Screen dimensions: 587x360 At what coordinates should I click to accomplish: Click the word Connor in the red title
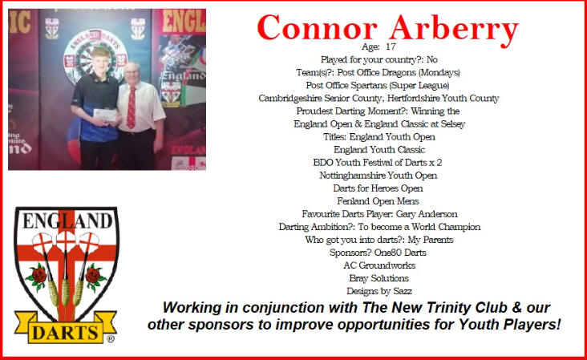tap(318, 28)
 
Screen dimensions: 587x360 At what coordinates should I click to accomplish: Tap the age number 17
tap(391, 47)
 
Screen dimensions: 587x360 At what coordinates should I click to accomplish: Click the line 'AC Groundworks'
tap(379, 265)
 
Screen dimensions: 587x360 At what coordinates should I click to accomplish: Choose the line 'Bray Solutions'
tap(379, 278)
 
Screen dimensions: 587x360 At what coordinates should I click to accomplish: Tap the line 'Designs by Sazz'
tap(379, 291)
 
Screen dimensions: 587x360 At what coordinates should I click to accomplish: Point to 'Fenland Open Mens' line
tap(378, 201)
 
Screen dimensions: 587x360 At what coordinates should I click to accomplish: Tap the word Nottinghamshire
tap(352, 176)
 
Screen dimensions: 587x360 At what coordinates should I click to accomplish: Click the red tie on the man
tap(131, 107)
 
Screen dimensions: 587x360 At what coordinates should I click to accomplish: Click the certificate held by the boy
tap(105, 115)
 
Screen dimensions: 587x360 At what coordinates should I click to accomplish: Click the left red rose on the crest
tap(38, 277)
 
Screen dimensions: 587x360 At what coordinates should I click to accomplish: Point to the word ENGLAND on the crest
tap(67, 220)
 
